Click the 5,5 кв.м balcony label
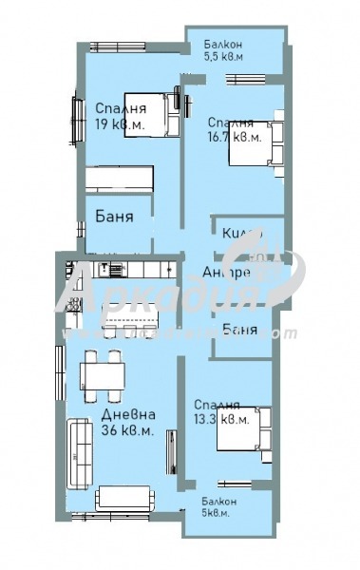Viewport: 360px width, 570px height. coord(225,49)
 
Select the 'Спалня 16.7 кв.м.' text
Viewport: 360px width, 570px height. coord(233,129)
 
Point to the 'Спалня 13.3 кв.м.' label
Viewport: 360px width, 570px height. coord(219,410)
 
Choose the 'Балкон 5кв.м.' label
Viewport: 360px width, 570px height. coord(218,506)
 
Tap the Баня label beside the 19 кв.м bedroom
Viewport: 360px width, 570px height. coord(115,217)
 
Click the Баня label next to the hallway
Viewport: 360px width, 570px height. coord(238,330)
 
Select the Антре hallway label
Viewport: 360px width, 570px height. coord(227,273)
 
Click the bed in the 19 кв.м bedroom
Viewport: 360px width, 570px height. coord(151,115)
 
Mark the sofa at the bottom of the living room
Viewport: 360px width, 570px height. coord(123,497)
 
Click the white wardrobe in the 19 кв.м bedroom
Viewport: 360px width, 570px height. coord(119,179)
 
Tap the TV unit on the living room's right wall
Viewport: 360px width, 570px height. coord(171,452)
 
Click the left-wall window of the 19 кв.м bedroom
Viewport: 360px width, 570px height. coord(72,119)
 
